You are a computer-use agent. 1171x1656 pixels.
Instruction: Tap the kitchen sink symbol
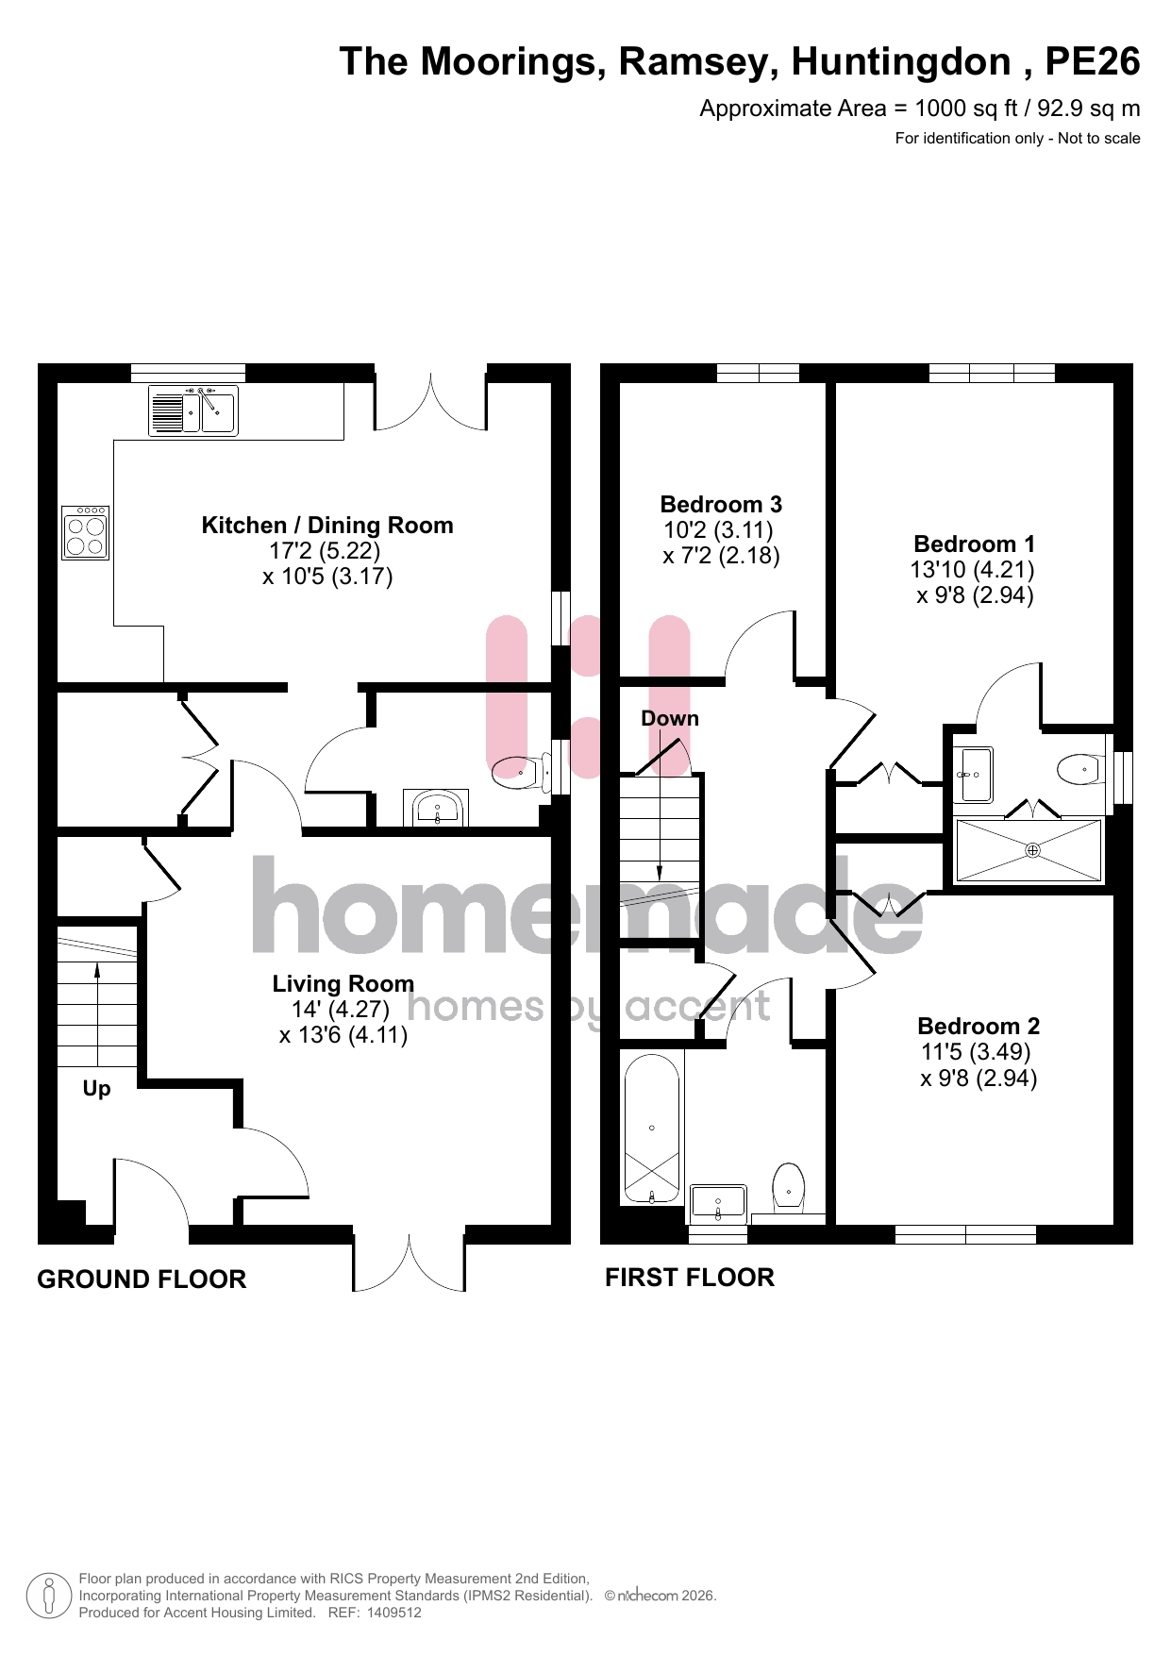[x=193, y=410]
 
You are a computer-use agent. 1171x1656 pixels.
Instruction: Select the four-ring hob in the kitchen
[x=85, y=533]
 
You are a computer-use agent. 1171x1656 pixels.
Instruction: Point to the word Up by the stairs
[x=96, y=1089]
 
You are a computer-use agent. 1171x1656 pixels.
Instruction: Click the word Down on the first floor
[x=670, y=718]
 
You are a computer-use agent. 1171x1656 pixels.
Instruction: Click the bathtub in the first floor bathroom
[x=652, y=1129]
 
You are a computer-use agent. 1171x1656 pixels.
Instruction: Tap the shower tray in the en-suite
[x=1029, y=850]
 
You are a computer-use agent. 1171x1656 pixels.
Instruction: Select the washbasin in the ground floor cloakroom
[x=436, y=808]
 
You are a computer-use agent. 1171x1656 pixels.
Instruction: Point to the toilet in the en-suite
[x=1081, y=769]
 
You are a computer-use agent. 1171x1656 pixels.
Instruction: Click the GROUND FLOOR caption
[x=142, y=1280]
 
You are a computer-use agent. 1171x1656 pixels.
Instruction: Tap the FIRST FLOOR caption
[x=690, y=1278]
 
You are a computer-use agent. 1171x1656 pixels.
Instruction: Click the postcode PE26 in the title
[x=1093, y=61]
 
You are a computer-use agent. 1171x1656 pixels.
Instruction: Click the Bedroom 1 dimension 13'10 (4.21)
[x=973, y=570]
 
